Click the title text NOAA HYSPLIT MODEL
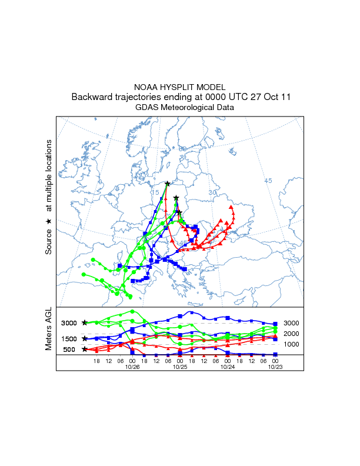coord(180,86)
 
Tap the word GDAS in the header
coord(146,108)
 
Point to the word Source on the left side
coord(49,242)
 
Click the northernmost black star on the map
coord(168,184)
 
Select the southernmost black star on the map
coord(179,212)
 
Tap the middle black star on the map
coord(176,198)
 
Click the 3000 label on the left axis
coord(69,323)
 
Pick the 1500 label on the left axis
coord(69,339)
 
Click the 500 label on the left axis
coord(69,349)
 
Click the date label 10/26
coord(132,367)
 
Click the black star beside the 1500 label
coord(85,338)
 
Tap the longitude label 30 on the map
coord(213,192)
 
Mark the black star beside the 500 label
coord(85,349)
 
